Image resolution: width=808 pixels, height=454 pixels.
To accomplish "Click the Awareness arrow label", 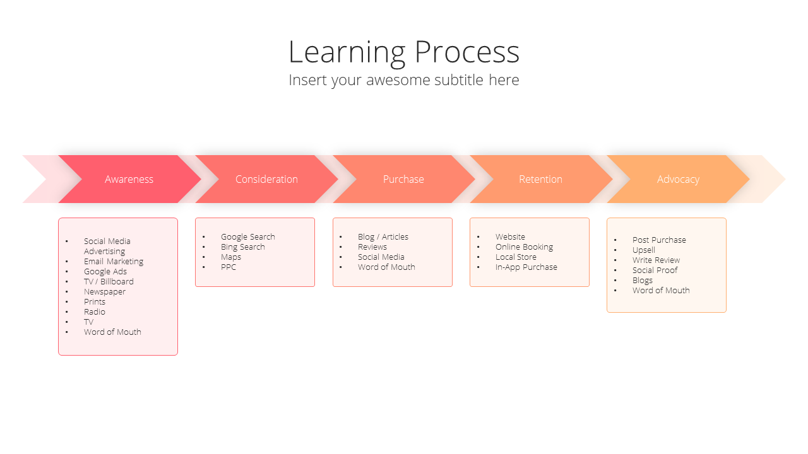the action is [x=129, y=179].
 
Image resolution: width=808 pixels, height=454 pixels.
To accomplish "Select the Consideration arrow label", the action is [x=266, y=179].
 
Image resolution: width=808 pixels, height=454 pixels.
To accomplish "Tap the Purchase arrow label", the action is [x=403, y=179].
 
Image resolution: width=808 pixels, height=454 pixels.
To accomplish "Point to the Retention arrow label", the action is [x=540, y=179].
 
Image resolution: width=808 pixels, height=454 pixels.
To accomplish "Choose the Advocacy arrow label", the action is [x=678, y=180].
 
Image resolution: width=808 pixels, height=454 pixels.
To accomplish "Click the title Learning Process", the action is [x=404, y=52].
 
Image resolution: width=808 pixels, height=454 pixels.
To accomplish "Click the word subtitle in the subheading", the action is [x=459, y=79].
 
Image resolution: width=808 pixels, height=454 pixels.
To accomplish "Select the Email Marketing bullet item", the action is [x=114, y=262].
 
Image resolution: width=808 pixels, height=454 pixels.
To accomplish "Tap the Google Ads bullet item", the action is [x=105, y=272].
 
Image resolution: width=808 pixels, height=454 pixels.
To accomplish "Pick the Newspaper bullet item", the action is [x=105, y=292].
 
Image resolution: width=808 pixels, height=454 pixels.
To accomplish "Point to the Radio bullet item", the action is [x=95, y=311].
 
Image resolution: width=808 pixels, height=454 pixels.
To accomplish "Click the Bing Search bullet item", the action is [x=243, y=247].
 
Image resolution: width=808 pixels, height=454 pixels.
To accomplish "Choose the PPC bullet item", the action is [x=229, y=267].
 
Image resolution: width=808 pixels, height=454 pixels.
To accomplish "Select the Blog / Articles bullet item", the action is [x=383, y=236].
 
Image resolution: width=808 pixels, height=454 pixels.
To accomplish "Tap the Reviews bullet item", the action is [x=372, y=247].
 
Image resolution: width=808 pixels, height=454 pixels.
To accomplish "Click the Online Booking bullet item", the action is [x=524, y=247].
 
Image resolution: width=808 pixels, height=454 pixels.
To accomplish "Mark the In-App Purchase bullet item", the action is [x=526, y=267].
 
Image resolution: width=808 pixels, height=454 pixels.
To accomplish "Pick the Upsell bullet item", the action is [x=643, y=250].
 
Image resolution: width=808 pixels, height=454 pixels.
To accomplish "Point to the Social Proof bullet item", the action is [x=655, y=271].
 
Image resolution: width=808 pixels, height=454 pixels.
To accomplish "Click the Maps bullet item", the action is [x=231, y=257].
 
